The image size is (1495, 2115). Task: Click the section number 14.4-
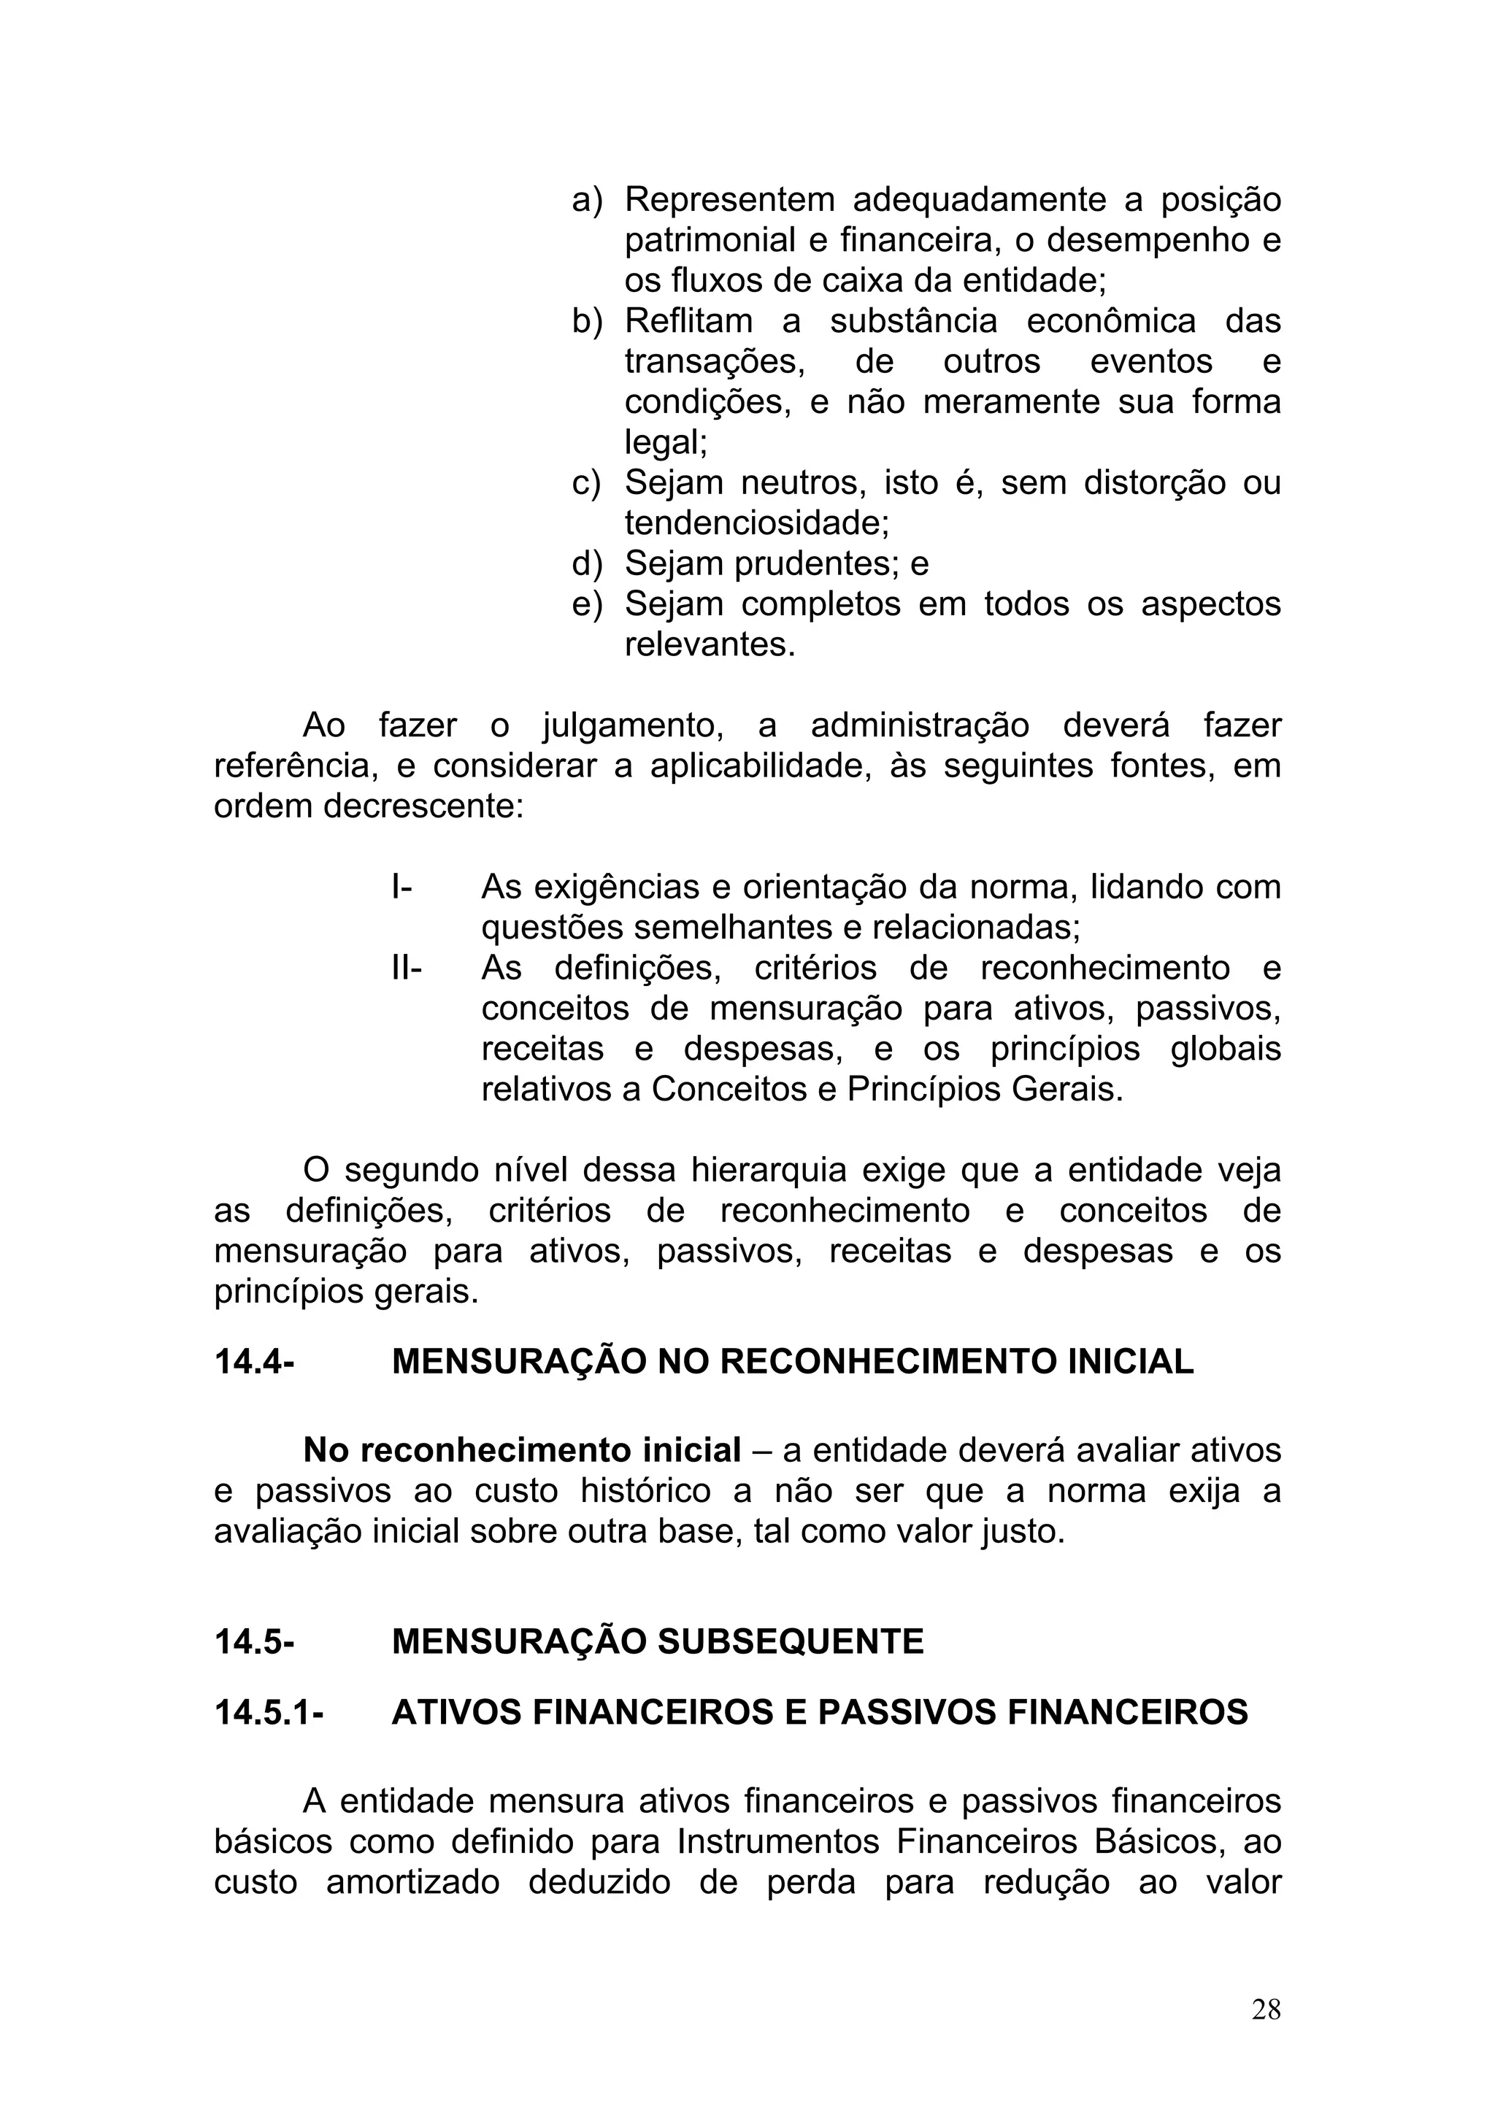coord(253,1362)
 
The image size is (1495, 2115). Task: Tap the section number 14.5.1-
coord(268,1711)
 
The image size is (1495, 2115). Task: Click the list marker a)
coord(586,199)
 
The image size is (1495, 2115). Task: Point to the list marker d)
coord(586,563)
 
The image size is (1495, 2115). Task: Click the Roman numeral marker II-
coord(406,968)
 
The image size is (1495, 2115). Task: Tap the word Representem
coord(729,199)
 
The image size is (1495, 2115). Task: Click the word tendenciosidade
coord(753,523)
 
